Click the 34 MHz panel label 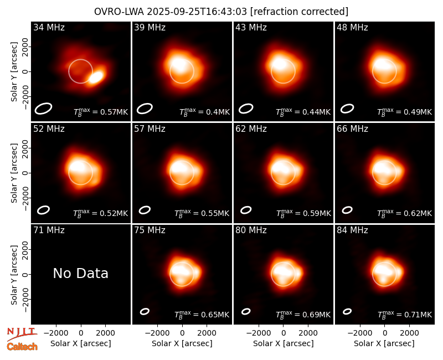49,27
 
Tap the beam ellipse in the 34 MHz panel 43,109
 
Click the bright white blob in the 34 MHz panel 96,77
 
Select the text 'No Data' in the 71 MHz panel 80,273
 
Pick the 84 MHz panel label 352,230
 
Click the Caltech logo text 22,347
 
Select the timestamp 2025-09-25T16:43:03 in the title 197,12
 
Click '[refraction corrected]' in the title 299,12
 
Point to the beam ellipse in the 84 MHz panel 347,311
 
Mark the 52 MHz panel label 49,129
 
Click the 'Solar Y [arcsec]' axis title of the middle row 14,173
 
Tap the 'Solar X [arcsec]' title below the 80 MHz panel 283,343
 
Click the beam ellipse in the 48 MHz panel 347,109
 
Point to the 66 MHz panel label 352,129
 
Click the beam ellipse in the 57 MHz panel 145,210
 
